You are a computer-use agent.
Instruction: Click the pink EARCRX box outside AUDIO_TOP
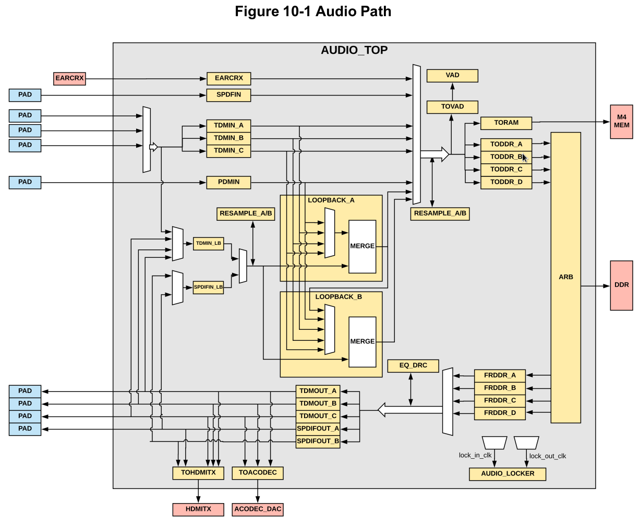click(x=69, y=79)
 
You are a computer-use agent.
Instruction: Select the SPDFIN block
click(x=228, y=95)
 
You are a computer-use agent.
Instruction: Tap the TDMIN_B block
click(x=228, y=138)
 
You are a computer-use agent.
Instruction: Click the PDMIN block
click(x=228, y=182)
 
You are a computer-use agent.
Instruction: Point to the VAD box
click(x=452, y=76)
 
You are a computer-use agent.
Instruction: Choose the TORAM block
click(x=506, y=123)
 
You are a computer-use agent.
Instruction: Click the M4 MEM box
click(x=622, y=122)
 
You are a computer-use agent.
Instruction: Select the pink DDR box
click(x=622, y=285)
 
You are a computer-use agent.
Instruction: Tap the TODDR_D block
click(x=506, y=183)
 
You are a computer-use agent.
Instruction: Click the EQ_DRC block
click(x=413, y=366)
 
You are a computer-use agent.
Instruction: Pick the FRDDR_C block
click(x=500, y=401)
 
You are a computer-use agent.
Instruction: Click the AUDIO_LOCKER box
click(x=508, y=474)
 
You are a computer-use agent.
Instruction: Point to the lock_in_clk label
click(x=475, y=455)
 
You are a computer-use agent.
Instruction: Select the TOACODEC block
click(x=258, y=473)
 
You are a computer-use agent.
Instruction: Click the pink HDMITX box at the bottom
click(x=198, y=509)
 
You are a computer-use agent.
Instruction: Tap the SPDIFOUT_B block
click(x=318, y=442)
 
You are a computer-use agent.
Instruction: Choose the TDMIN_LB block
click(x=208, y=244)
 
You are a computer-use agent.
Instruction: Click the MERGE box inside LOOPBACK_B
click(x=363, y=342)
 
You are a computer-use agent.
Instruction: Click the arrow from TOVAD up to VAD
click(x=452, y=92)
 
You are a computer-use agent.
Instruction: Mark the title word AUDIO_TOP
click(x=354, y=50)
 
